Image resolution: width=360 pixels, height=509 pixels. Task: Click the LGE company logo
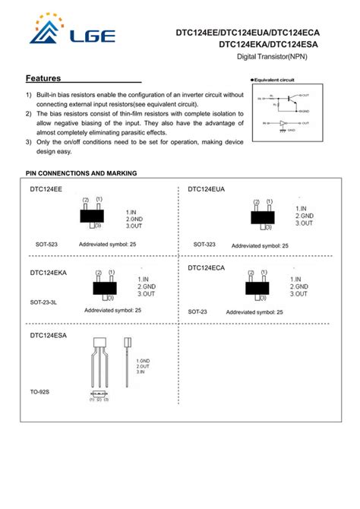[71, 33]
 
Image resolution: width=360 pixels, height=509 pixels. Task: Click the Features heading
[43, 78]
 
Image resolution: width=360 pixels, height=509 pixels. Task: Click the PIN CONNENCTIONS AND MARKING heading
[81, 173]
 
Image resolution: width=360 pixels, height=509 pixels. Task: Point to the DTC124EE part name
[46, 188]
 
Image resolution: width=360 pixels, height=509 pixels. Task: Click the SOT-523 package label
[47, 245]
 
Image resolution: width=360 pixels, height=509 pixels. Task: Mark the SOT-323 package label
[204, 245]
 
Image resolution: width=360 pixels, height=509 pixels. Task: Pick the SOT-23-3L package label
[43, 302]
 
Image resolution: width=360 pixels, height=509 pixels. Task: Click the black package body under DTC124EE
[92, 216]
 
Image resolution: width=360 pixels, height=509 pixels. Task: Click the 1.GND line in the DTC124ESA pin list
[144, 359]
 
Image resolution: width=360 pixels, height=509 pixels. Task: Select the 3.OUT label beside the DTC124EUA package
[305, 223]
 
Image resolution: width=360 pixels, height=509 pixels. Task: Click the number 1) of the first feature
[29, 95]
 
